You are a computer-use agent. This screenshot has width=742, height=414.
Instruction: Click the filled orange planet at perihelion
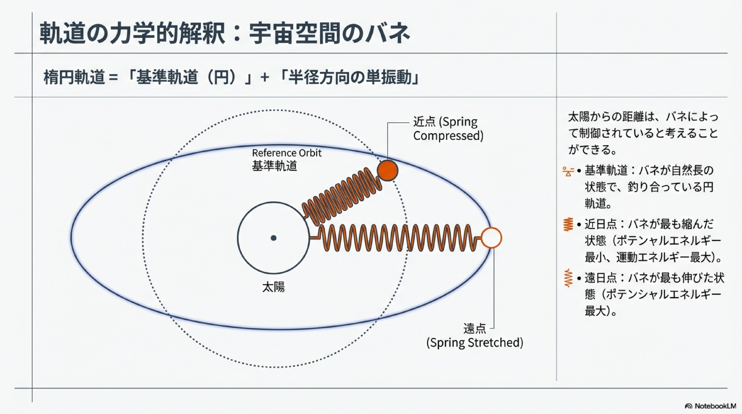click(x=388, y=170)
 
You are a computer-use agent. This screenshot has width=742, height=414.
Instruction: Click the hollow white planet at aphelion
click(x=491, y=238)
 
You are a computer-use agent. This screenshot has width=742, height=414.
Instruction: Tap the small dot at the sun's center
click(x=273, y=238)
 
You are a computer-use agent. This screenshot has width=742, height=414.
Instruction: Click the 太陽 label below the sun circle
click(x=273, y=287)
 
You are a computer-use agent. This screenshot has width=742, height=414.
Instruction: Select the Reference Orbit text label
click(x=287, y=153)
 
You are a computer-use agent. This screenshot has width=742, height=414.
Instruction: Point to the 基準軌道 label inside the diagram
click(x=274, y=166)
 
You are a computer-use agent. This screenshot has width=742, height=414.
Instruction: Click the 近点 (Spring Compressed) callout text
click(x=448, y=129)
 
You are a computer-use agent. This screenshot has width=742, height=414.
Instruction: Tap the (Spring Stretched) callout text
click(x=475, y=342)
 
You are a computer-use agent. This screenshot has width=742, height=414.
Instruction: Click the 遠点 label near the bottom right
click(x=474, y=329)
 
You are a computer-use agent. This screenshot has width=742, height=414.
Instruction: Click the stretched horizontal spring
click(x=397, y=238)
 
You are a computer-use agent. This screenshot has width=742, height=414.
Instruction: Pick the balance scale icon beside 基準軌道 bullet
click(x=568, y=171)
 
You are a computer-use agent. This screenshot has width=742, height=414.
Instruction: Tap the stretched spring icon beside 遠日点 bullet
click(x=568, y=278)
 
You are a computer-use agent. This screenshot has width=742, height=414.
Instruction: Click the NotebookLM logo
click(x=710, y=406)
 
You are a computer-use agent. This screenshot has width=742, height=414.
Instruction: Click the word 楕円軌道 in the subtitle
click(x=74, y=78)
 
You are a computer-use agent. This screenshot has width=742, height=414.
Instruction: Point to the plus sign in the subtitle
click(x=265, y=78)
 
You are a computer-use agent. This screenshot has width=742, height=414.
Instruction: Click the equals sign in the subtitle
click(x=113, y=78)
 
